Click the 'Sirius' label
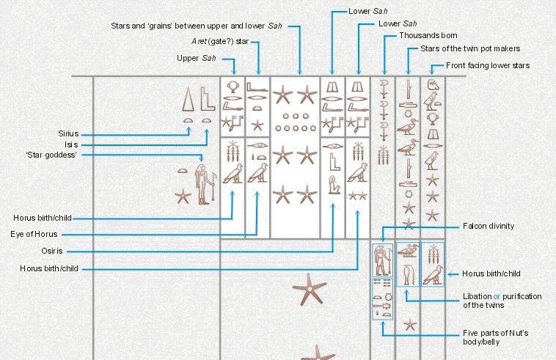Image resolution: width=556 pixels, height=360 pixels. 68,133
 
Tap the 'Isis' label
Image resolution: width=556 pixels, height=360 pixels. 71,144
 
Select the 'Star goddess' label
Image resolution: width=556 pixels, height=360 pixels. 51,155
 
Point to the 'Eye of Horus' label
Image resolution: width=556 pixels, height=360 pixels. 34,234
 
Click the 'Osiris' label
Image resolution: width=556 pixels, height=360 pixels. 52,251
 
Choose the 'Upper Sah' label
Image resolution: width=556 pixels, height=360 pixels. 197,58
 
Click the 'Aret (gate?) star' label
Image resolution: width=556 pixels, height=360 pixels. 220,42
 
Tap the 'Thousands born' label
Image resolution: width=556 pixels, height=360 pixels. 428,35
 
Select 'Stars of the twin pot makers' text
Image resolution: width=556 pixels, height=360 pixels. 470,48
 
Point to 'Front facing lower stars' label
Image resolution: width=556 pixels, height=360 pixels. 488,65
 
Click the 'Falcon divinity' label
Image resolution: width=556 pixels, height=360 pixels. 489,226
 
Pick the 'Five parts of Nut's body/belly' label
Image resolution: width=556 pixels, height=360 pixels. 496,338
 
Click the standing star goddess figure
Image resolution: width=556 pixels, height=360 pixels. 202,184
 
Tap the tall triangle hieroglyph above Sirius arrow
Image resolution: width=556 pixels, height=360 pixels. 189,100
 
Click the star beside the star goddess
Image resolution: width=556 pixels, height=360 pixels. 183,196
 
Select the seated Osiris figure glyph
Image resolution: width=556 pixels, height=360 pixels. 333,185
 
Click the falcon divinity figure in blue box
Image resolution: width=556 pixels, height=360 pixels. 382,260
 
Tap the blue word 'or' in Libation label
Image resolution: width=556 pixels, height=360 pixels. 497,296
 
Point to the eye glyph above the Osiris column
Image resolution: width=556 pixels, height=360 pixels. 333,146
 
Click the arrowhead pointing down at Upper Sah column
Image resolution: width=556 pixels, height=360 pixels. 234,72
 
